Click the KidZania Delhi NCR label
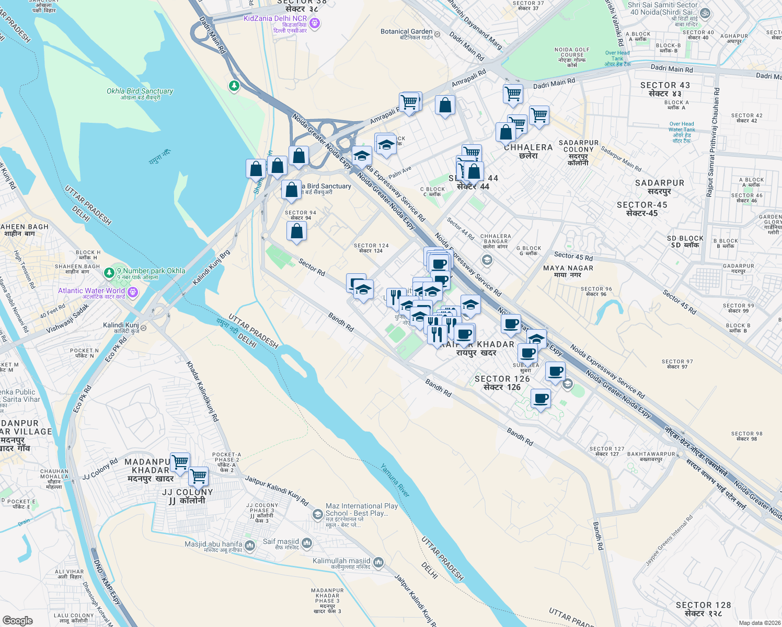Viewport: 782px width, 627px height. pyautogui.click(x=275, y=19)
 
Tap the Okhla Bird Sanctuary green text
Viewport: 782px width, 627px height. pyautogui.click(x=140, y=91)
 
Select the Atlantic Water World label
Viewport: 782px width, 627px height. pyautogui.click(x=91, y=291)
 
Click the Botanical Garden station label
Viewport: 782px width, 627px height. pyautogui.click(x=407, y=32)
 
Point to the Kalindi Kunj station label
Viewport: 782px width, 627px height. pyautogui.click(x=121, y=326)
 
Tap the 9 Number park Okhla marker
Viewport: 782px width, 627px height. pyautogui.click(x=109, y=272)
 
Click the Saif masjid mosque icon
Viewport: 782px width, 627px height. pyautogui.click(x=306, y=543)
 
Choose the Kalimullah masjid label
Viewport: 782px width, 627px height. pyautogui.click(x=341, y=561)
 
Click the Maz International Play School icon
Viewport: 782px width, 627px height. pyautogui.click(x=317, y=515)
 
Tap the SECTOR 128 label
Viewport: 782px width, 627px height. pyautogui.click(x=703, y=605)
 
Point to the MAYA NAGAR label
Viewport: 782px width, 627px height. pyautogui.click(x=568, y=268)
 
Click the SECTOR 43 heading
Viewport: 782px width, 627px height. pyautogui.click(x=665, y=85)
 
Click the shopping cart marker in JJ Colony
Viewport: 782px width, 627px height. pyautogui.click(x=199, y=476)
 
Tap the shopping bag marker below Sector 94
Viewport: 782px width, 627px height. pyautogui.click(x=296, y=231)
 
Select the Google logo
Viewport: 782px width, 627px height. pyautogui.click(x=17, y=620)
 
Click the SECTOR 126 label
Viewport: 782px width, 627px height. pyautogui.click(x=502, y=379)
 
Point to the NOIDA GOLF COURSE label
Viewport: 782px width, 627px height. pyautogui.click(x=572, y=52)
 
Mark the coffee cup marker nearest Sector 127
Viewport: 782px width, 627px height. pyautogui.click(x=541, y=399)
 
